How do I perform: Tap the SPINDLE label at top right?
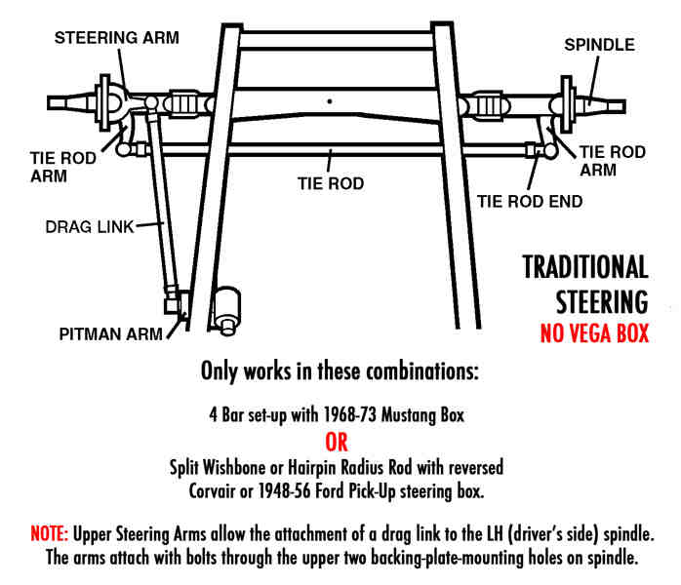point(599,45)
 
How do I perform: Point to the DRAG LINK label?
point(89,226)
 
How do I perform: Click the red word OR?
point(335,444)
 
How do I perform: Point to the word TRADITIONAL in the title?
point(585,266)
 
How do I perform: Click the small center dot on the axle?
point(332,99)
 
